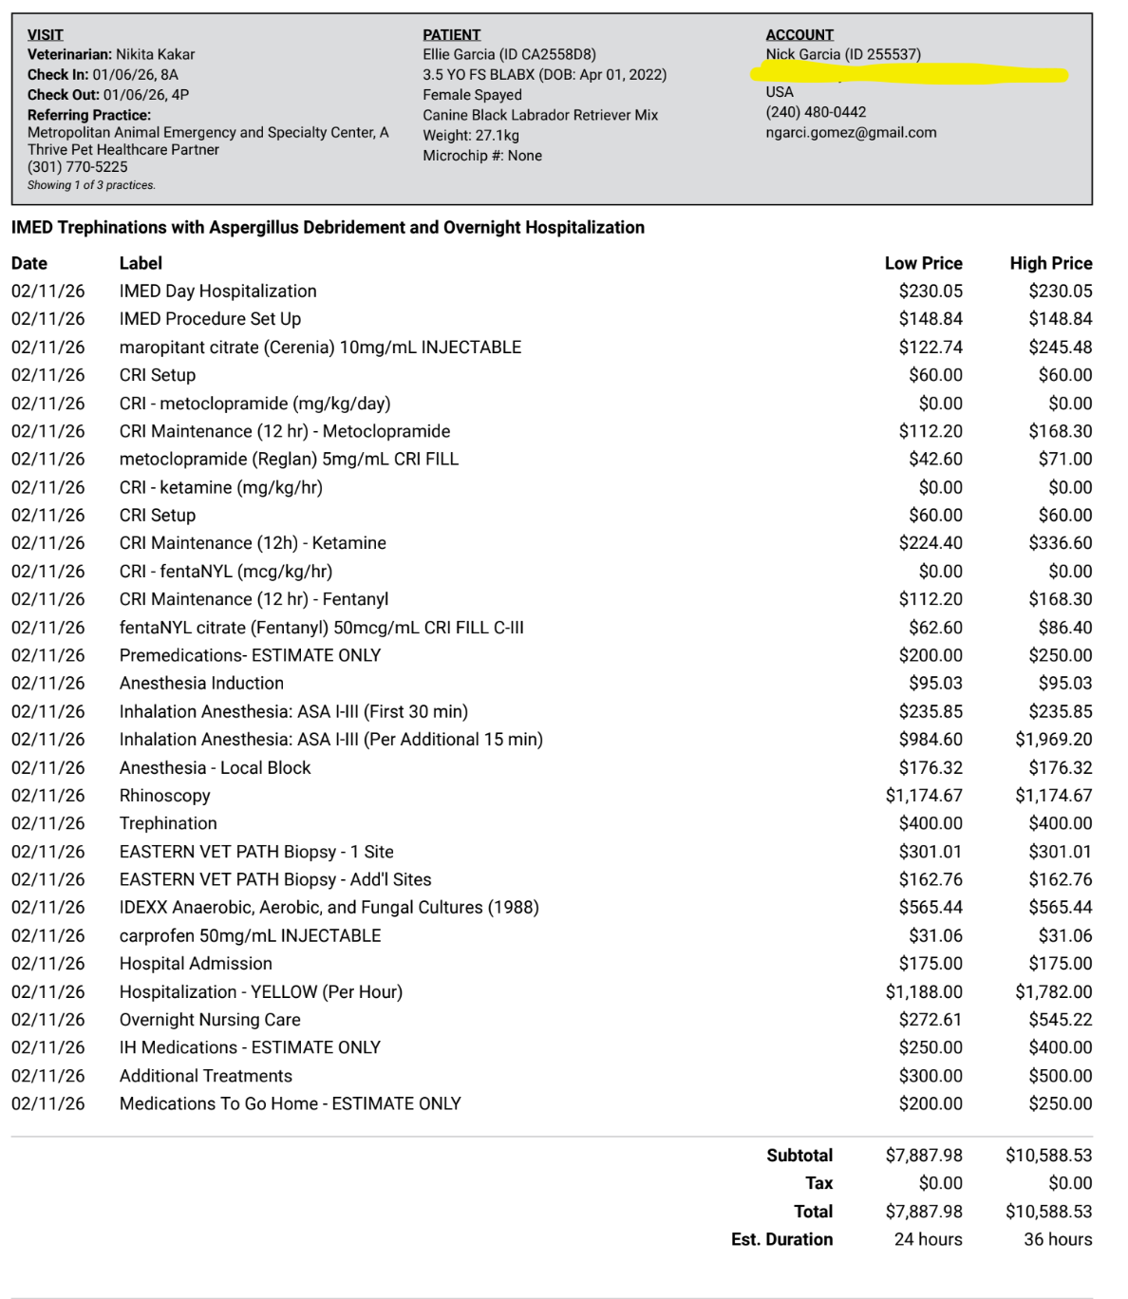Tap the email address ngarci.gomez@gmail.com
pyautogui.click(x=851, y=133)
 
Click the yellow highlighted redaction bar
pyautogui.click(x=909, y=73)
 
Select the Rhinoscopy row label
pyautogui.click(x=164, y=796)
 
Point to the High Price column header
pyautogui.click(x=1050, y=263)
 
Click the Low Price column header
pyautogui.click(x=923, y=263)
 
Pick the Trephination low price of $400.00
pyautogui.click(x=931, y=823)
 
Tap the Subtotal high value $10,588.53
pyautogui.click(x=1048, y=1156)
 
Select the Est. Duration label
pyautogui.click(x=781, y=1239)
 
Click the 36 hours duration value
pyautogui.click(x=1057, y=1239)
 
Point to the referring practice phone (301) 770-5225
pyautogui.click(x=78, y=167)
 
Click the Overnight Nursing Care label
pyautogui.click(x=210, y=1020)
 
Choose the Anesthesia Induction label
pyautogui.click(x=201, y=683)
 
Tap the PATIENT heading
pyautogui.click(x=451, y=35)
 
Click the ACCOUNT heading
pyautogui.click(x=799, y=35)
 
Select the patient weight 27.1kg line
pyautogui.click(x=471, y=136)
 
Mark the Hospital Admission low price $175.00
pyautogui.click(x=931, y=963)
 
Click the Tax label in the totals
pyautogui.click(x=818, y=1183)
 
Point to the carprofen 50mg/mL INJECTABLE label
pyautogui.click(x=250, y=935)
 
